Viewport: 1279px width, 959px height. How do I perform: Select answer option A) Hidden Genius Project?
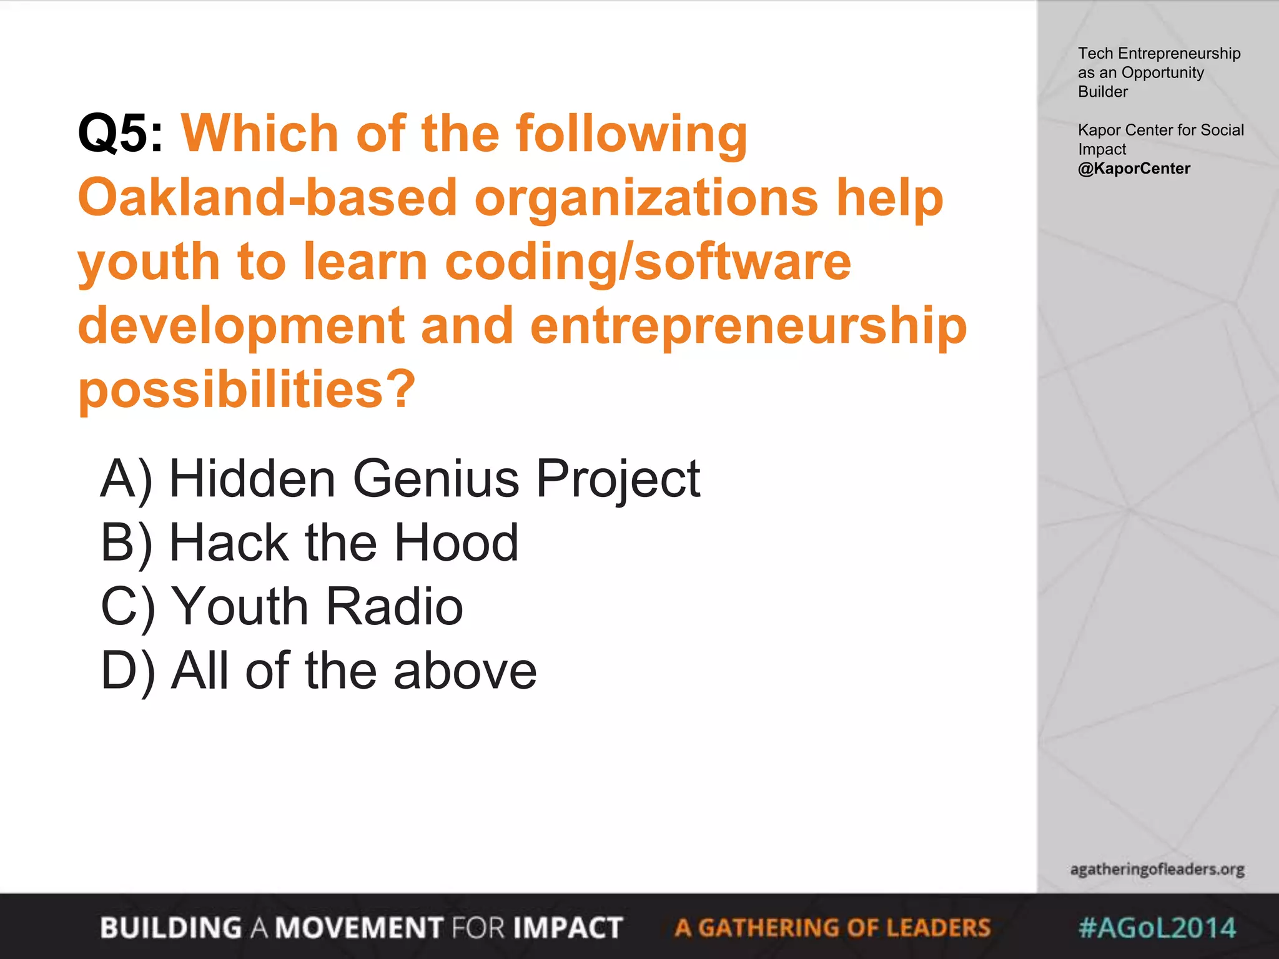[x=400, y=479]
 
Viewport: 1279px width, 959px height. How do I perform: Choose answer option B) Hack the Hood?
[x=309, y=543]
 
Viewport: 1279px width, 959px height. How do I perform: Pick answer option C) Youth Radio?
[x=282, y=606]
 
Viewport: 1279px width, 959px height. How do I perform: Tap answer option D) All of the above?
[x=319, y=671]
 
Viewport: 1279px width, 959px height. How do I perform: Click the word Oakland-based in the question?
[x=267, y=197]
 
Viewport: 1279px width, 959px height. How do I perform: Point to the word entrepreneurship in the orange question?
[x=748, y=325]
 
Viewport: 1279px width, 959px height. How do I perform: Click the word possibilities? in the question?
[x=247, y=389]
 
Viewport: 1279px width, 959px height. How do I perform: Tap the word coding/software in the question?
[x=648, y=262]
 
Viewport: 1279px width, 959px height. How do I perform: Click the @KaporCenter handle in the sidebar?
[x=1133, y=169]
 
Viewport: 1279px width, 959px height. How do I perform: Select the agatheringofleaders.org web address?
[x=1157, y=869]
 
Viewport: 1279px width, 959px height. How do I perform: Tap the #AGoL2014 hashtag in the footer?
[x=1157, y=927]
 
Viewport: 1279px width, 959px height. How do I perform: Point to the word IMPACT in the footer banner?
[x=568, y=928]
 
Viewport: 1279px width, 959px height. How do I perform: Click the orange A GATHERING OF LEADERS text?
[x=832, y=928]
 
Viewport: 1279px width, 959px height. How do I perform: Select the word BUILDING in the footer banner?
[x=170, y=928]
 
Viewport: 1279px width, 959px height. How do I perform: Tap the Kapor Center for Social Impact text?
[x=1160, y=139]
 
